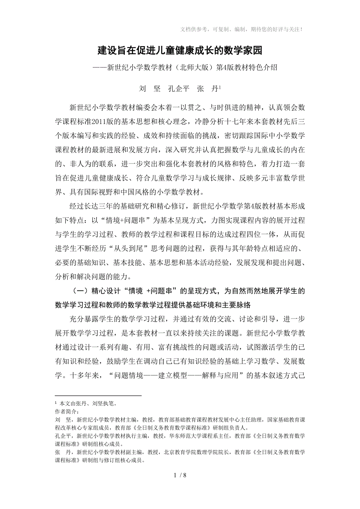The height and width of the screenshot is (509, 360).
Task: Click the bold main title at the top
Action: pyautogui.click(x=180, y=50)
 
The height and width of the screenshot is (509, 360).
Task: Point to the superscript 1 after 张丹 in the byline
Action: pyautogui.click(x=220, y=87)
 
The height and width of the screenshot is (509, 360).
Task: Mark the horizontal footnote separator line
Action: pyautogui.click(x=98, y=396)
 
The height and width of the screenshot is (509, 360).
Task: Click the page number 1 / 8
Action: pyautogui.click(x=180, y=475)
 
